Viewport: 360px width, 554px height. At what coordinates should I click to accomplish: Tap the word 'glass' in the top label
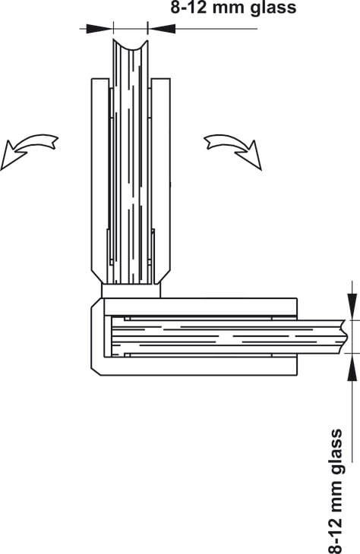coord(273,8)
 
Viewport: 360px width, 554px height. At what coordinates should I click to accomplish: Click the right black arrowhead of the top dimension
coord(162,29)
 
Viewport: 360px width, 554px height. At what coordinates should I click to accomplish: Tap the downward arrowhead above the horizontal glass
coord(352,306)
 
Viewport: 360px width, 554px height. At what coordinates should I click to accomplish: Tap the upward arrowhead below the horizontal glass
coord(352,367)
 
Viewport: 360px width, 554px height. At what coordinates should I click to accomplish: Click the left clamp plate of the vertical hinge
coord(100,180)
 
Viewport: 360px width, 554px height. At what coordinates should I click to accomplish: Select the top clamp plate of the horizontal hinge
coord(201,307)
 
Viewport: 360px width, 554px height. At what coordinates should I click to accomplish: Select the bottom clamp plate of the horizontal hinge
coord(201,366)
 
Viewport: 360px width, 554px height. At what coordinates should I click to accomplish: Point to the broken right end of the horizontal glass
coord(344,336)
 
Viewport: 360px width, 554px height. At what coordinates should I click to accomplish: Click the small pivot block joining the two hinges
coord(131,291)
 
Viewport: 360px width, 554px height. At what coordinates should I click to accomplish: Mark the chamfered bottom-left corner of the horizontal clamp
coord(96,372)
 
